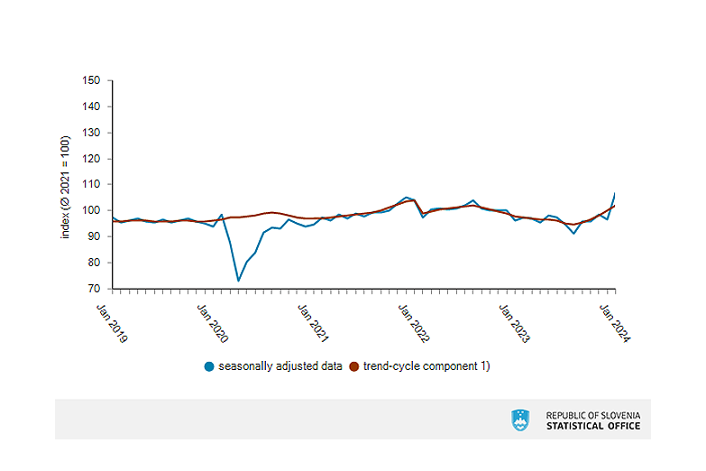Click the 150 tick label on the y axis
pyautogui.click(x=91, y=80)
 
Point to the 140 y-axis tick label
pyautogui.click(x=91, y=106)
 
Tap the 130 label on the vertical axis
pyautogui.click(x=91, y=133)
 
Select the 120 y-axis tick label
pyautogui.click(x=91, y=159)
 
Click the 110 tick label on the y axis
pyautogui.click(x=91, y=184)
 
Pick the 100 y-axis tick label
pyautogui.click(x=91, y=210)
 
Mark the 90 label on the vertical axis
pyautogui.click(x=94, y=236)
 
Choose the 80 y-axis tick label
pyautogui.click(x=94, y=263)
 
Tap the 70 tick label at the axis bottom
pyautogui.click(x=94, y=289)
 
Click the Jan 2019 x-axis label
pyautogui.click(x=113, y=323)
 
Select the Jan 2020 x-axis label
pyautogui.click(x=213, y=323)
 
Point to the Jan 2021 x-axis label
pyautogui.click(x=314, y=323)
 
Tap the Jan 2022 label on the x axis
pyautogui.click(x=414, y=323)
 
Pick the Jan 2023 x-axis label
pyautogui.click(x=515, y=323)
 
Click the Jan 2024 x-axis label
pyautogui.click(x=615, y=323)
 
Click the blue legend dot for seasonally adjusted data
pyautogui.click(x=209, y=366)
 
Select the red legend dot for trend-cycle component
pyautogui.click(x=353, y=366)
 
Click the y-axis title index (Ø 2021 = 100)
pyautogui.click(x=65, y=187)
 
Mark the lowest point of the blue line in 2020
pyautogui.click(x=238, y=281)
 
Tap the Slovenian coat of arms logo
pyautogui.click(x=520, y=420)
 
